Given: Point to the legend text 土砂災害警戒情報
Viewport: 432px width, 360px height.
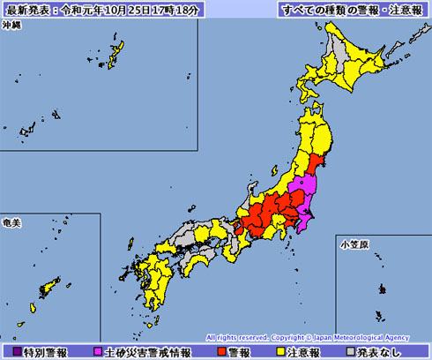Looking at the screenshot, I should (x=148, y=351).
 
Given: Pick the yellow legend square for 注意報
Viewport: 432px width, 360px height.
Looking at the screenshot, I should (x=282, y=351).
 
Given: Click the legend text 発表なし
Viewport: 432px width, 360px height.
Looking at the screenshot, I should (x=390, y=351).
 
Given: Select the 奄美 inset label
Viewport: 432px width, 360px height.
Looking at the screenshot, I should (x=13, y=221).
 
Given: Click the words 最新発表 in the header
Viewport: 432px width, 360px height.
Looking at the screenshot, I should (x=27, y=10).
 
